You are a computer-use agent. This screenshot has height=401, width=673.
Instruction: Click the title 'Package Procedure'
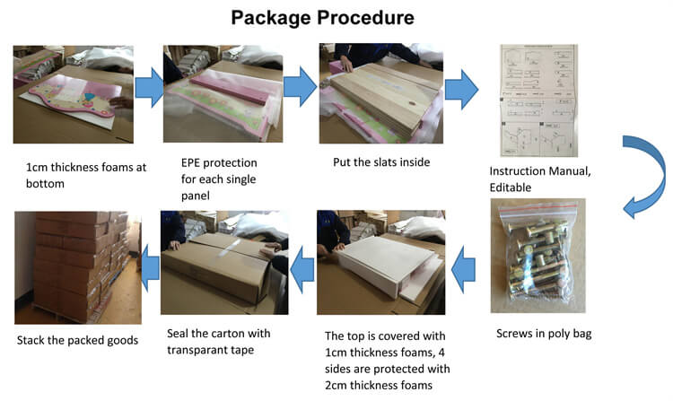(x=322, y=18)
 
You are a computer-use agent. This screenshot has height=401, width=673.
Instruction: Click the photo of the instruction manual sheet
(x=538, y=100)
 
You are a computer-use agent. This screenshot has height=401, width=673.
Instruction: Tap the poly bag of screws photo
(x=538, y=256)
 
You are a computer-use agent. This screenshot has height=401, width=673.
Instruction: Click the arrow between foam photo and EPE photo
(x=149, y=88)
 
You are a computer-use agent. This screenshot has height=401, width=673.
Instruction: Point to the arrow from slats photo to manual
(x=461, y=90)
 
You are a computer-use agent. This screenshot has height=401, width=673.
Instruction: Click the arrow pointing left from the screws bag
(x=464, y=270)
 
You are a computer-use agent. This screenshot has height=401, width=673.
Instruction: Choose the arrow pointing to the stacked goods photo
(x=150, y=267)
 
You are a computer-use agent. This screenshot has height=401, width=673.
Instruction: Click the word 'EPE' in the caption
(x=190, y=163)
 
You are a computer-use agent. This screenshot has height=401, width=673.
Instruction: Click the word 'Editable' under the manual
(x=511, y=187)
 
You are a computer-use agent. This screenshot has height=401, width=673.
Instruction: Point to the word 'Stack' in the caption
(x=31, y=341)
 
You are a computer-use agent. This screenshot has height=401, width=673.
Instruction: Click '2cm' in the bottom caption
(x=336, y=385)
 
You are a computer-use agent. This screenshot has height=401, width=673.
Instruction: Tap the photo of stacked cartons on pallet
(x=78, y=267)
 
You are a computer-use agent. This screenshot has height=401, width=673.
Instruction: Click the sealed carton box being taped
(x=218, y=264)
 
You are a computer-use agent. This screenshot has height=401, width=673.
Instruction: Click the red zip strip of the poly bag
(x=538, y=207)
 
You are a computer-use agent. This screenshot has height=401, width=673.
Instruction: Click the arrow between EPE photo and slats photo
(x=300, y=87)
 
